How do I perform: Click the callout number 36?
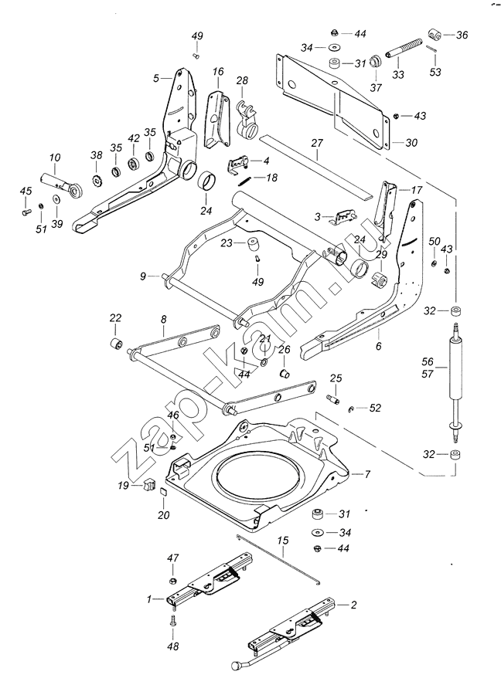click(x=462, y=35)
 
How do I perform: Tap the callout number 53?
click(x=435, y=71)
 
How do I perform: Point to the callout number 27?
click(x=317, y=143)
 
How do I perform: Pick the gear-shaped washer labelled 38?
click(x=97, y=181)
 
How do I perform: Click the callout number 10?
click(x=55, y=158)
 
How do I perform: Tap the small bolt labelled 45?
click(x=26, y=212)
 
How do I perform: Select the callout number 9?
click(x=143, y=276)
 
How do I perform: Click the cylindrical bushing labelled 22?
click(x=116, y=344)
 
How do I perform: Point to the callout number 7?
click(x=367, y=474)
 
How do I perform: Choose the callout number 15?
click(x=283, y=541)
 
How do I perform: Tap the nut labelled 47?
click(x=173, y=581)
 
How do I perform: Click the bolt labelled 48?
click(x=172, y=622)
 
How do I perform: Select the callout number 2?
click(x=353, y=605)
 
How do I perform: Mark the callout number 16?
click(x=218, y=71)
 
